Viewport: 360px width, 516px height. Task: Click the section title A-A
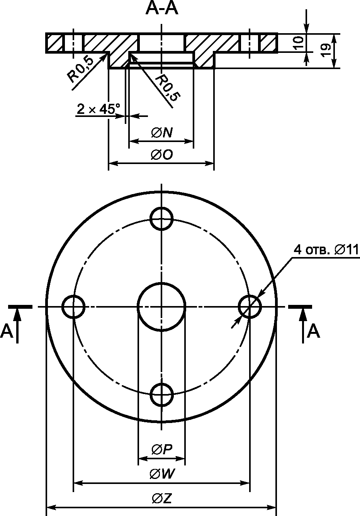tap(162, 9)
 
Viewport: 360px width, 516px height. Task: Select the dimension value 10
tap(299, 43)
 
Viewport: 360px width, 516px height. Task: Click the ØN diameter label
tap(162, 133)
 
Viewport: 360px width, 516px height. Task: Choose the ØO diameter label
tap(162, 155)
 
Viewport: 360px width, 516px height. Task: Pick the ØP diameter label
tap(162, 449)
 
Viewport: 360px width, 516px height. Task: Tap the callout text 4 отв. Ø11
tap(326, 250)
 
